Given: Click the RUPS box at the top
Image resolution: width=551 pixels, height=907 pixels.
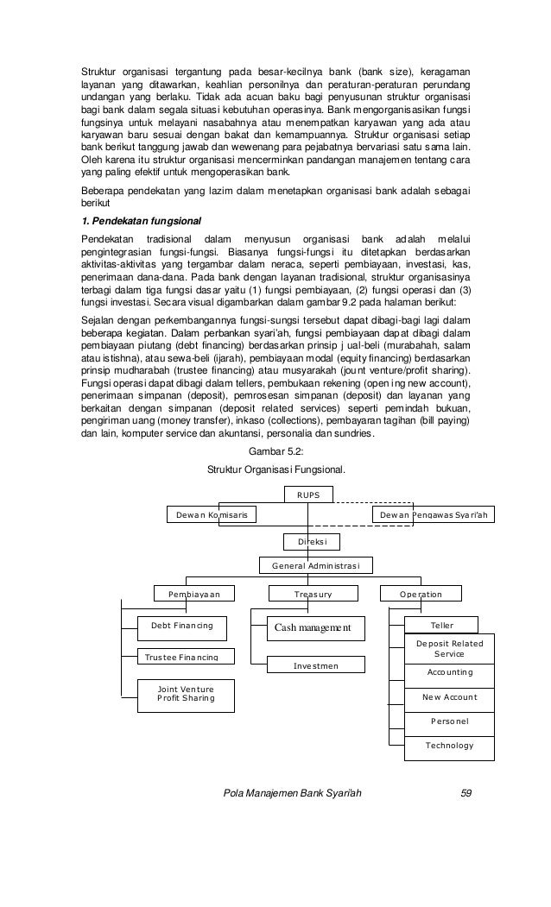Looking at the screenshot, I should tap(308, 494).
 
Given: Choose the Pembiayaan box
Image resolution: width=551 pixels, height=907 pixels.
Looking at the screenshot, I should tap(194, 594).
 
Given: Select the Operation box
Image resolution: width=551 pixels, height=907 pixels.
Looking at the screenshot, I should tap(421, 594).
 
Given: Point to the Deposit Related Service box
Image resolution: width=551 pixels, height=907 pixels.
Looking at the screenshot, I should tap(449, 648).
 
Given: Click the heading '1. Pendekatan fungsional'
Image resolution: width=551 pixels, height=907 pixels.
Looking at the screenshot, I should tap(136, 220).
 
